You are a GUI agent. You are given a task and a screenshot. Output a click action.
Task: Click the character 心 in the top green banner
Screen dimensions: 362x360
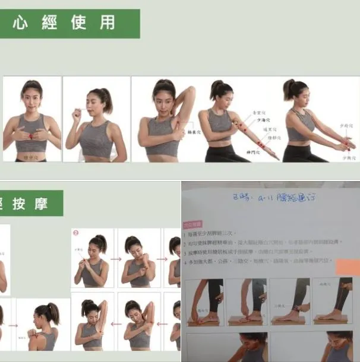point(23,23)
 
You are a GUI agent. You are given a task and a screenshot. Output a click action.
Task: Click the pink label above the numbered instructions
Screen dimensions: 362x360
point(193,224)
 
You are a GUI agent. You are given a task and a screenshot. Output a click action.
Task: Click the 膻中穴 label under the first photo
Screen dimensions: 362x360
point(32,157)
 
